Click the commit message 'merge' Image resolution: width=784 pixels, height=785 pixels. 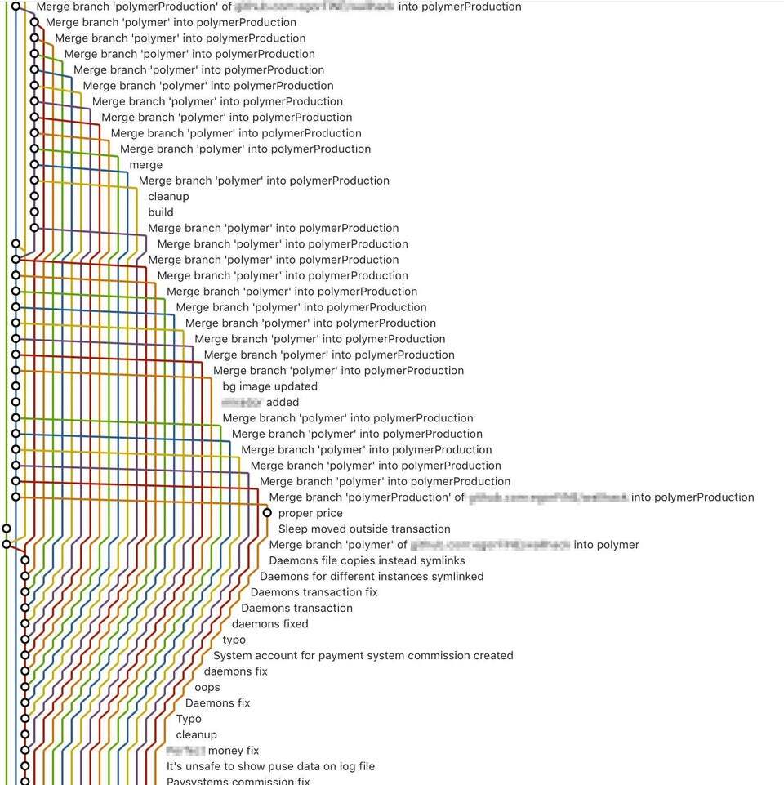click(145, 165)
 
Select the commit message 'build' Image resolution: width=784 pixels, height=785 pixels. click(161, 212)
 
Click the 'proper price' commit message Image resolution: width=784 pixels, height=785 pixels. click(310, 513)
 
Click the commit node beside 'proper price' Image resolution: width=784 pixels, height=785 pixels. click(267, 513)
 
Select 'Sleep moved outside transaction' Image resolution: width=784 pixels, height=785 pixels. click(364, 529)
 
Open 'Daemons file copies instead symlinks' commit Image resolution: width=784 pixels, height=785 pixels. click(367, 561)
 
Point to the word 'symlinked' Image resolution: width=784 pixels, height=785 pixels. click(455, 577)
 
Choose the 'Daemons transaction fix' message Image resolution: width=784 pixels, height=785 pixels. click(314, 592)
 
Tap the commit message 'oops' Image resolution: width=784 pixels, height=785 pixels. click(207, 688)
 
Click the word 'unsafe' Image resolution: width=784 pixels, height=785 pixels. click(204, 767)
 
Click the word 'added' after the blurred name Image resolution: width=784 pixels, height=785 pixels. click(283, 403)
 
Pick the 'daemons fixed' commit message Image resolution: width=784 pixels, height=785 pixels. click(270, 624)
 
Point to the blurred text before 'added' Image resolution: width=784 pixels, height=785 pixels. click(242, 403)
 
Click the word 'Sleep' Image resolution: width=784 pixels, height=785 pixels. click(294, 529)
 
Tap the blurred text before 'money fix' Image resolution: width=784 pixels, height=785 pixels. click(185, 751)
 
